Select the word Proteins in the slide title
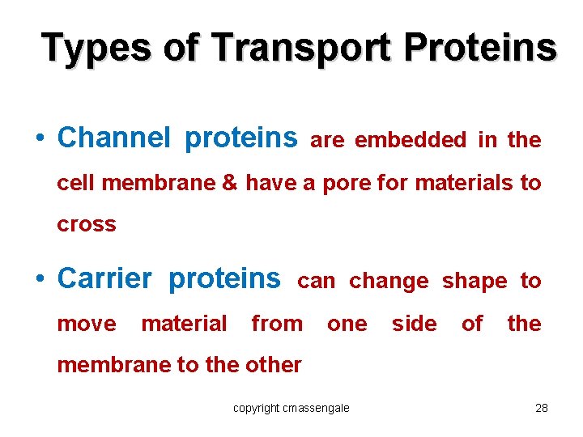(x=481, y=48)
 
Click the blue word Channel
(x=113, y=138)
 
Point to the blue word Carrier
(x=104, y=278)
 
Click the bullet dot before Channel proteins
(x=40, y=139)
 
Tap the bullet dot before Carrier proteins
(x=40, y=280)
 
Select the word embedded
(x=411, y=140)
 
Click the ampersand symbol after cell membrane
(x=229, y=183)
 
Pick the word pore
(x=347, y=183)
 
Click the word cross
(x=87, y=225)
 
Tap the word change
(x=389, y=281)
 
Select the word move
(x=87, y=324)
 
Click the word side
(x=414, y=324)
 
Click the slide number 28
(x=542, y=408)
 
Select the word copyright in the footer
(x=255, y=408)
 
